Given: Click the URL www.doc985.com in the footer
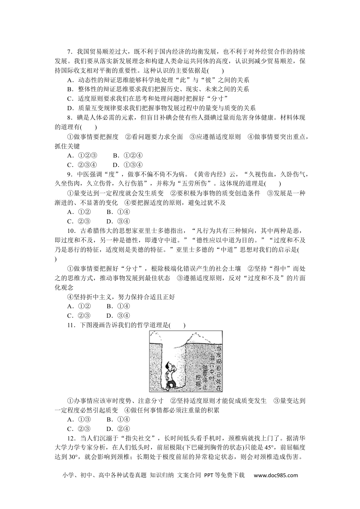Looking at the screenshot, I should tap(275, 475).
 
